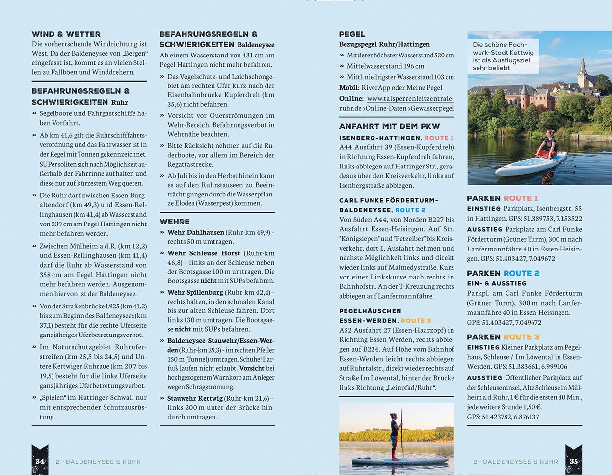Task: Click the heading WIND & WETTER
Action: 66,34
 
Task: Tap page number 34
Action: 40,461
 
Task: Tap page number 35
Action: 573,461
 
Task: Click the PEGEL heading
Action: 352,34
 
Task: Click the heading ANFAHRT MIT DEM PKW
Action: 389,126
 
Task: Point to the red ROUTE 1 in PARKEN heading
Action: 521,198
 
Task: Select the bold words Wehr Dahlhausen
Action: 195,232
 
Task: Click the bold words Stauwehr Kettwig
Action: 195,398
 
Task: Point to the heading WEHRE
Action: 174,222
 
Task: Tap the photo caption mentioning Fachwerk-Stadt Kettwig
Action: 503,56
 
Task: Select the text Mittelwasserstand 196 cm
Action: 385,66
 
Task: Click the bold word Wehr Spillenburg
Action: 195,292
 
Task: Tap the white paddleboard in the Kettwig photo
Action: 531,165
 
